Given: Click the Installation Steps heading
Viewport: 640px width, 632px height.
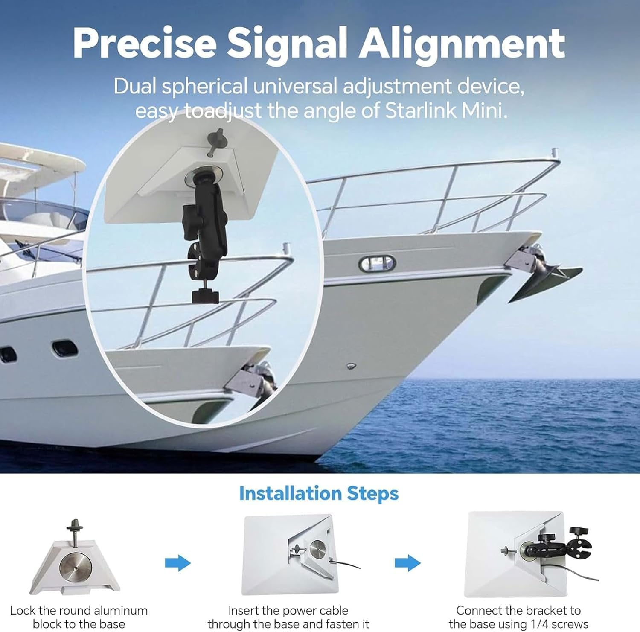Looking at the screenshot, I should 319,493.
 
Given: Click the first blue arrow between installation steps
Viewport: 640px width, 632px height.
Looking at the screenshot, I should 177,563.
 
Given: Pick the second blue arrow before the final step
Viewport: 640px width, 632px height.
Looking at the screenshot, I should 407,563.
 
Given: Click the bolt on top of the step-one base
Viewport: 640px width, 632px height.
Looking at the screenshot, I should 75,531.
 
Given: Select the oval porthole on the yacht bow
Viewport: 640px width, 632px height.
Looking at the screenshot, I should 377,263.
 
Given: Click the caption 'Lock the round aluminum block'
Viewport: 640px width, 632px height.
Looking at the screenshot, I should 79,611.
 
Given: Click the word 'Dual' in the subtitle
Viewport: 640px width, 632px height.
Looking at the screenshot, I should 136,87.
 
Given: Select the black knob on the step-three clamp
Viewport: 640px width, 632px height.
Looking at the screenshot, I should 578,532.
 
